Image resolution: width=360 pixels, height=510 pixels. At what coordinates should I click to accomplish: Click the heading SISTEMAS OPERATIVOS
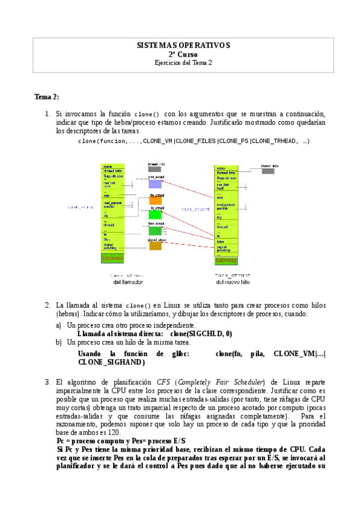pos(183,45)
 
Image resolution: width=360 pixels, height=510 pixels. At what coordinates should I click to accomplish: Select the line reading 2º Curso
pos(183,54)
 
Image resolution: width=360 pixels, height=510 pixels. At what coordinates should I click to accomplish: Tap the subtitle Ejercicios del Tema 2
pos(183,63)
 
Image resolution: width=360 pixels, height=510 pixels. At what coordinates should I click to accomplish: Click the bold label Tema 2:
pos(47,97)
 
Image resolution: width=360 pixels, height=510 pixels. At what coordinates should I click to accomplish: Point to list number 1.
pos(47,114)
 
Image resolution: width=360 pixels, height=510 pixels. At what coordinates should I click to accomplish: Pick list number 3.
pos(47,382)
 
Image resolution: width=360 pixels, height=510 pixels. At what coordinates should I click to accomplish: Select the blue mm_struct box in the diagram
pos(156,184)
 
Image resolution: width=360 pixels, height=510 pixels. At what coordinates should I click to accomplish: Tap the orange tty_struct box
pos(156,200)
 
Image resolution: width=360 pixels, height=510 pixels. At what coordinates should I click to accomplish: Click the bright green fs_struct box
pos(156,214)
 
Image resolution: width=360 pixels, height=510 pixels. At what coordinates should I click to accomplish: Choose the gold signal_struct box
pos(156,245)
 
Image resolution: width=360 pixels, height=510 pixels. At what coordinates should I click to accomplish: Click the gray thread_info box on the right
pos(268,171)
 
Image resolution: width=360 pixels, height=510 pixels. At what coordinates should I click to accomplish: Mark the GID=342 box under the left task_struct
pos(112,259)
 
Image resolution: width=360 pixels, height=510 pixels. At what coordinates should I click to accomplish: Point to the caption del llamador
pos(129,281)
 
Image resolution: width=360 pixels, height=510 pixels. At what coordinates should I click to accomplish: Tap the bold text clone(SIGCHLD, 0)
pos(201,333)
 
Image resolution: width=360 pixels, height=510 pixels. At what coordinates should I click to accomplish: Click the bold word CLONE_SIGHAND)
pos(111,362)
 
